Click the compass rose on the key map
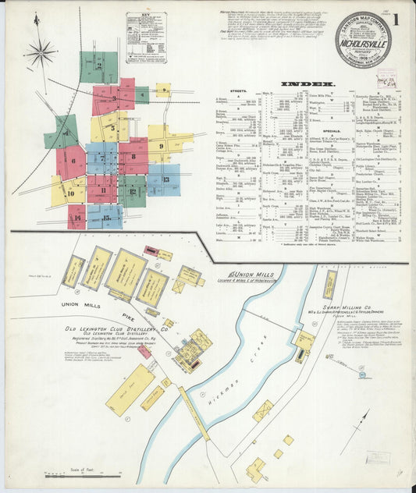pos(40,53)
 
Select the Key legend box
pos(147,37)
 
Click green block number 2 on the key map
pos(98,67)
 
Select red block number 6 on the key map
pos(72,162)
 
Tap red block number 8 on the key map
pos(133,157)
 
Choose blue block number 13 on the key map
pos(164,180)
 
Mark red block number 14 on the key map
pos(76,217)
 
